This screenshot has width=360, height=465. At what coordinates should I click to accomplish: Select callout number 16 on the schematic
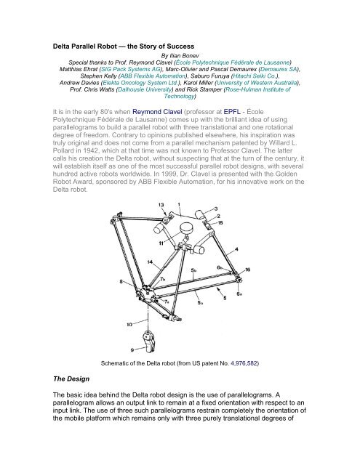248,268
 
